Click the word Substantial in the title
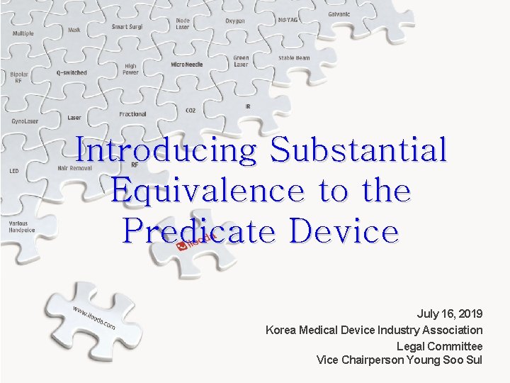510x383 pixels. coord(358,150)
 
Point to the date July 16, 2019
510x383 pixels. coord(450,313)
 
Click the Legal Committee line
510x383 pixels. coord(439,346)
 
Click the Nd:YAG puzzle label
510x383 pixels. coord(288,20)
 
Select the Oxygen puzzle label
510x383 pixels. coord(235,21)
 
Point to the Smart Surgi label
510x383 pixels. coord(128,27)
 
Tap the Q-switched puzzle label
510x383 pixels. coord(72,72)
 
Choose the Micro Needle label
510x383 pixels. coord(187,65)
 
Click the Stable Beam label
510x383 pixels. coord(294,58)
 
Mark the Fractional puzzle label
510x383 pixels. coord(132,114)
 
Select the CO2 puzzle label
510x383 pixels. coord(191,111)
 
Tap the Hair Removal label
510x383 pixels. coord(75,168)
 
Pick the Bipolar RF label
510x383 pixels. coord(18,77)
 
